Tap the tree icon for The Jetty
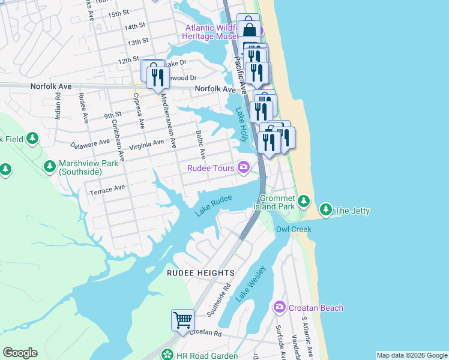(325, 210)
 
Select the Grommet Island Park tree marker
(304, 200)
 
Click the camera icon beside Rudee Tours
(244, 167)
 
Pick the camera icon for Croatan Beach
(279, 307)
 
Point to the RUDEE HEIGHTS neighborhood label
(200, 273)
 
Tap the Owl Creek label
(291, 229)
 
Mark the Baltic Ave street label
(202, 144)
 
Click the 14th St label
(135, 27)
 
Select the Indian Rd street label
(58, 106)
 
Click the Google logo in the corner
(20, 353)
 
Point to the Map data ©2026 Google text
(411, 355)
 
